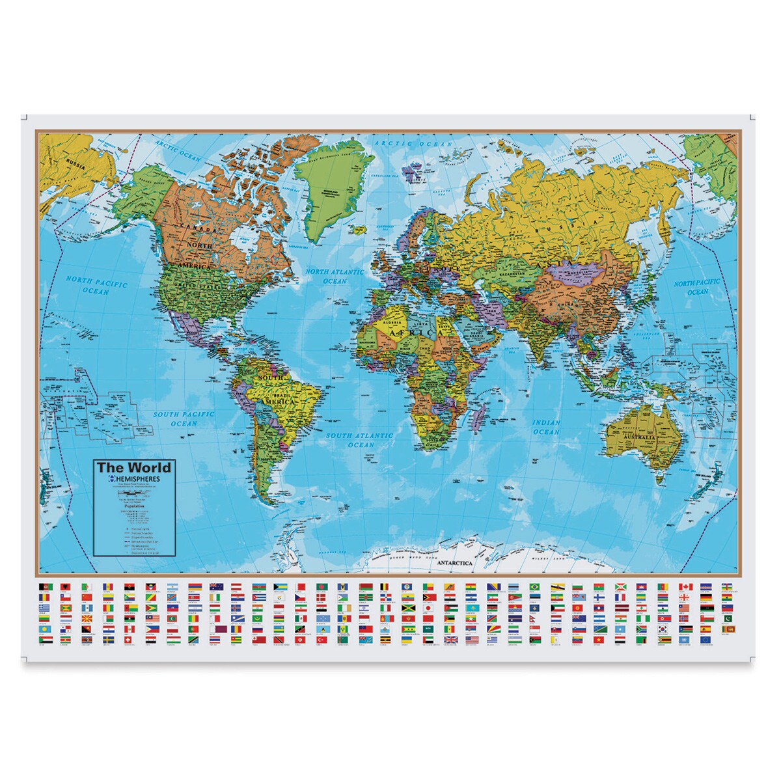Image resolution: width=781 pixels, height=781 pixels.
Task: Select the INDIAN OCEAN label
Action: tap(545, 427)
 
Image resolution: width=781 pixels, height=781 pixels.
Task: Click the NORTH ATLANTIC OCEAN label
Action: tap(336, 277)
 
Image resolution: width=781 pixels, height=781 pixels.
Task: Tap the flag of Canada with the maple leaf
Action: tap(686, 587)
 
